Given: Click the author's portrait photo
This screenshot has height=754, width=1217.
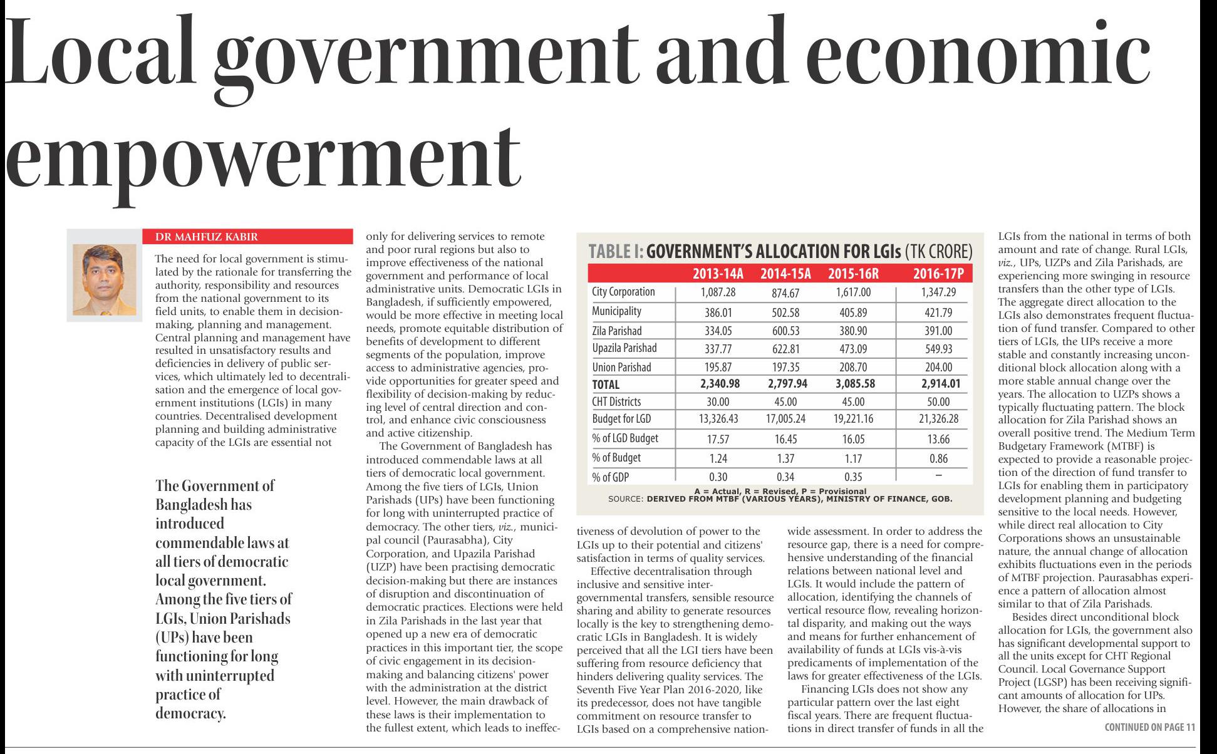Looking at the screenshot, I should pos(104,279).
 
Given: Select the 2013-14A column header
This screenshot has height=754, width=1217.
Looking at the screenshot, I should pos(718,274).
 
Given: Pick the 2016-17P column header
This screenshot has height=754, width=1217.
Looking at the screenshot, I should pos(938,274).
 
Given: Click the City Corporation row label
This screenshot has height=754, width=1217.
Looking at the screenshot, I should pos(623,292).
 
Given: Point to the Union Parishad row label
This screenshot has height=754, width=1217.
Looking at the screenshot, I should pos(621,368).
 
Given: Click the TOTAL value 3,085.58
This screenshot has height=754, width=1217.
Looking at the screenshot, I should pos(853,384).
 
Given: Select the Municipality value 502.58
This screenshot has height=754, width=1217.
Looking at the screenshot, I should pos(785,312).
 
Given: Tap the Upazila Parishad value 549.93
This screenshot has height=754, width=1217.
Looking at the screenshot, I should pos(938,349).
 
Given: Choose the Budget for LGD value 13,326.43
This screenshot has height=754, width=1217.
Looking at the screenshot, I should pos(718,419).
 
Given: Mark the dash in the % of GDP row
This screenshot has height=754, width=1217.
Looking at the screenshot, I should pos(938,477).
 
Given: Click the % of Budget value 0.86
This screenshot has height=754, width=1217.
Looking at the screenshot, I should pos(938,458).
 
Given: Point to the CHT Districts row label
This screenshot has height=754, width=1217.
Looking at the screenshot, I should pos(616,402).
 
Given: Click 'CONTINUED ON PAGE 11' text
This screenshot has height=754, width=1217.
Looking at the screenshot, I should pos(1149,727).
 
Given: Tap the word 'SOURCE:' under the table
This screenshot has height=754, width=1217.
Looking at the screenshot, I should pos(625,499).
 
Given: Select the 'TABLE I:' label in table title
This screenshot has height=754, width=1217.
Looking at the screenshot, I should pos(616,252).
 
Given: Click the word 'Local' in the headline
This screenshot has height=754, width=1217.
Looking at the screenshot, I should pos(106,50).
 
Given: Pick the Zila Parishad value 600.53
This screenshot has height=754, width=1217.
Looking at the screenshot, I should pos(785,331).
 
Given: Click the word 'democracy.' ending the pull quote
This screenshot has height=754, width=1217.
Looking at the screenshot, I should pos(190,713).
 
